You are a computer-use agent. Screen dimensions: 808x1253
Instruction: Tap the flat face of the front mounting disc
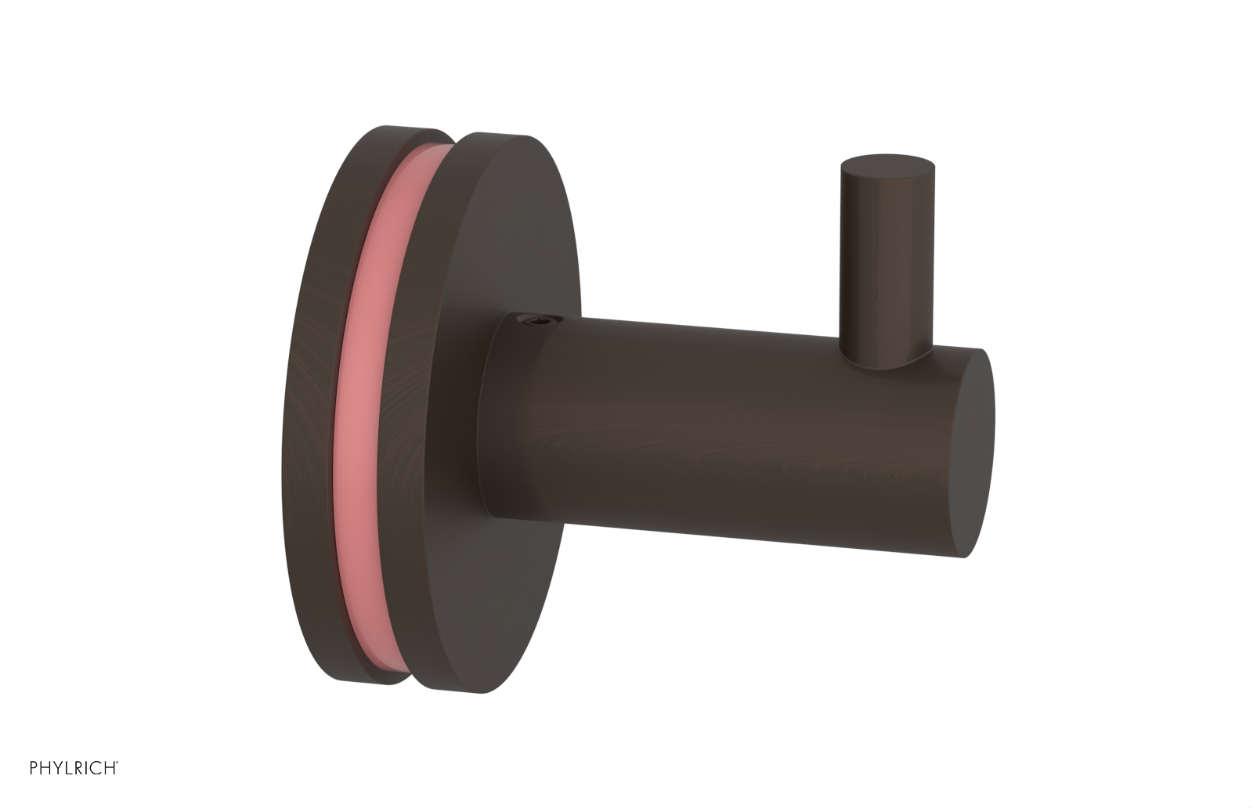point(517,235)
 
